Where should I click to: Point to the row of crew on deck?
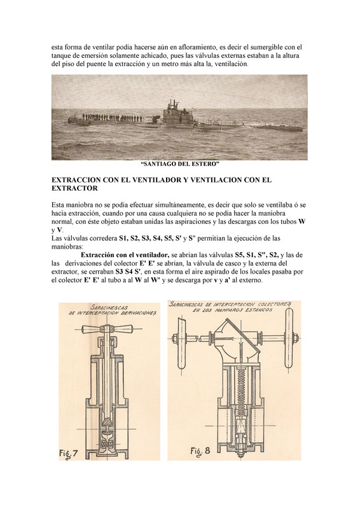(112, 118)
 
